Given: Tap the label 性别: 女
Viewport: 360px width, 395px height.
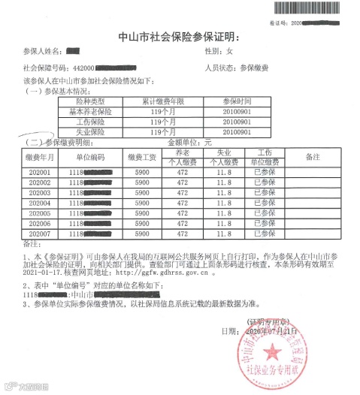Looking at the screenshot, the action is point(225,52).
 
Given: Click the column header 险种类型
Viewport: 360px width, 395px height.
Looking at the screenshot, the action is point(95,101).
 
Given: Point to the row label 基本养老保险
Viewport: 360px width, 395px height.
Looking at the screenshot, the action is point(95,111).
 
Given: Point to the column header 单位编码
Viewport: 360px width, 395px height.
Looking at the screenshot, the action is point(90,157).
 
